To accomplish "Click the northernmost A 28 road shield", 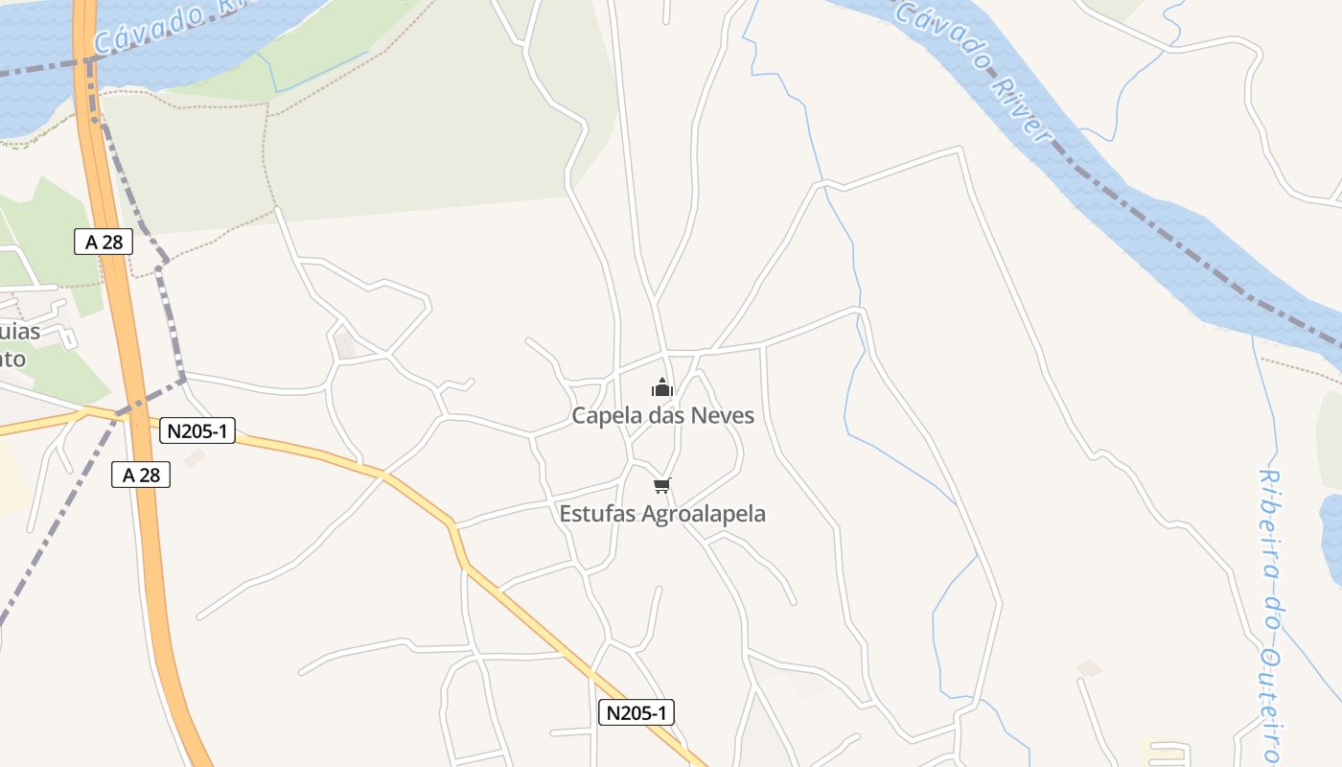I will pos(104,242).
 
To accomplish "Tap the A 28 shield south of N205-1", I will pos(141,474).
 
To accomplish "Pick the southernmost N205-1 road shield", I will pos(636,712).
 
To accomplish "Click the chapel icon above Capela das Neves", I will pos(662,388).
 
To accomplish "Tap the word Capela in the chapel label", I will pos(604,416).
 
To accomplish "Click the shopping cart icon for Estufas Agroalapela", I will pos(662,485).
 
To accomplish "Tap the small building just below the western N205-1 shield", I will pos(195,459).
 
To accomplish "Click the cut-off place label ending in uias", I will pos(19,332).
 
